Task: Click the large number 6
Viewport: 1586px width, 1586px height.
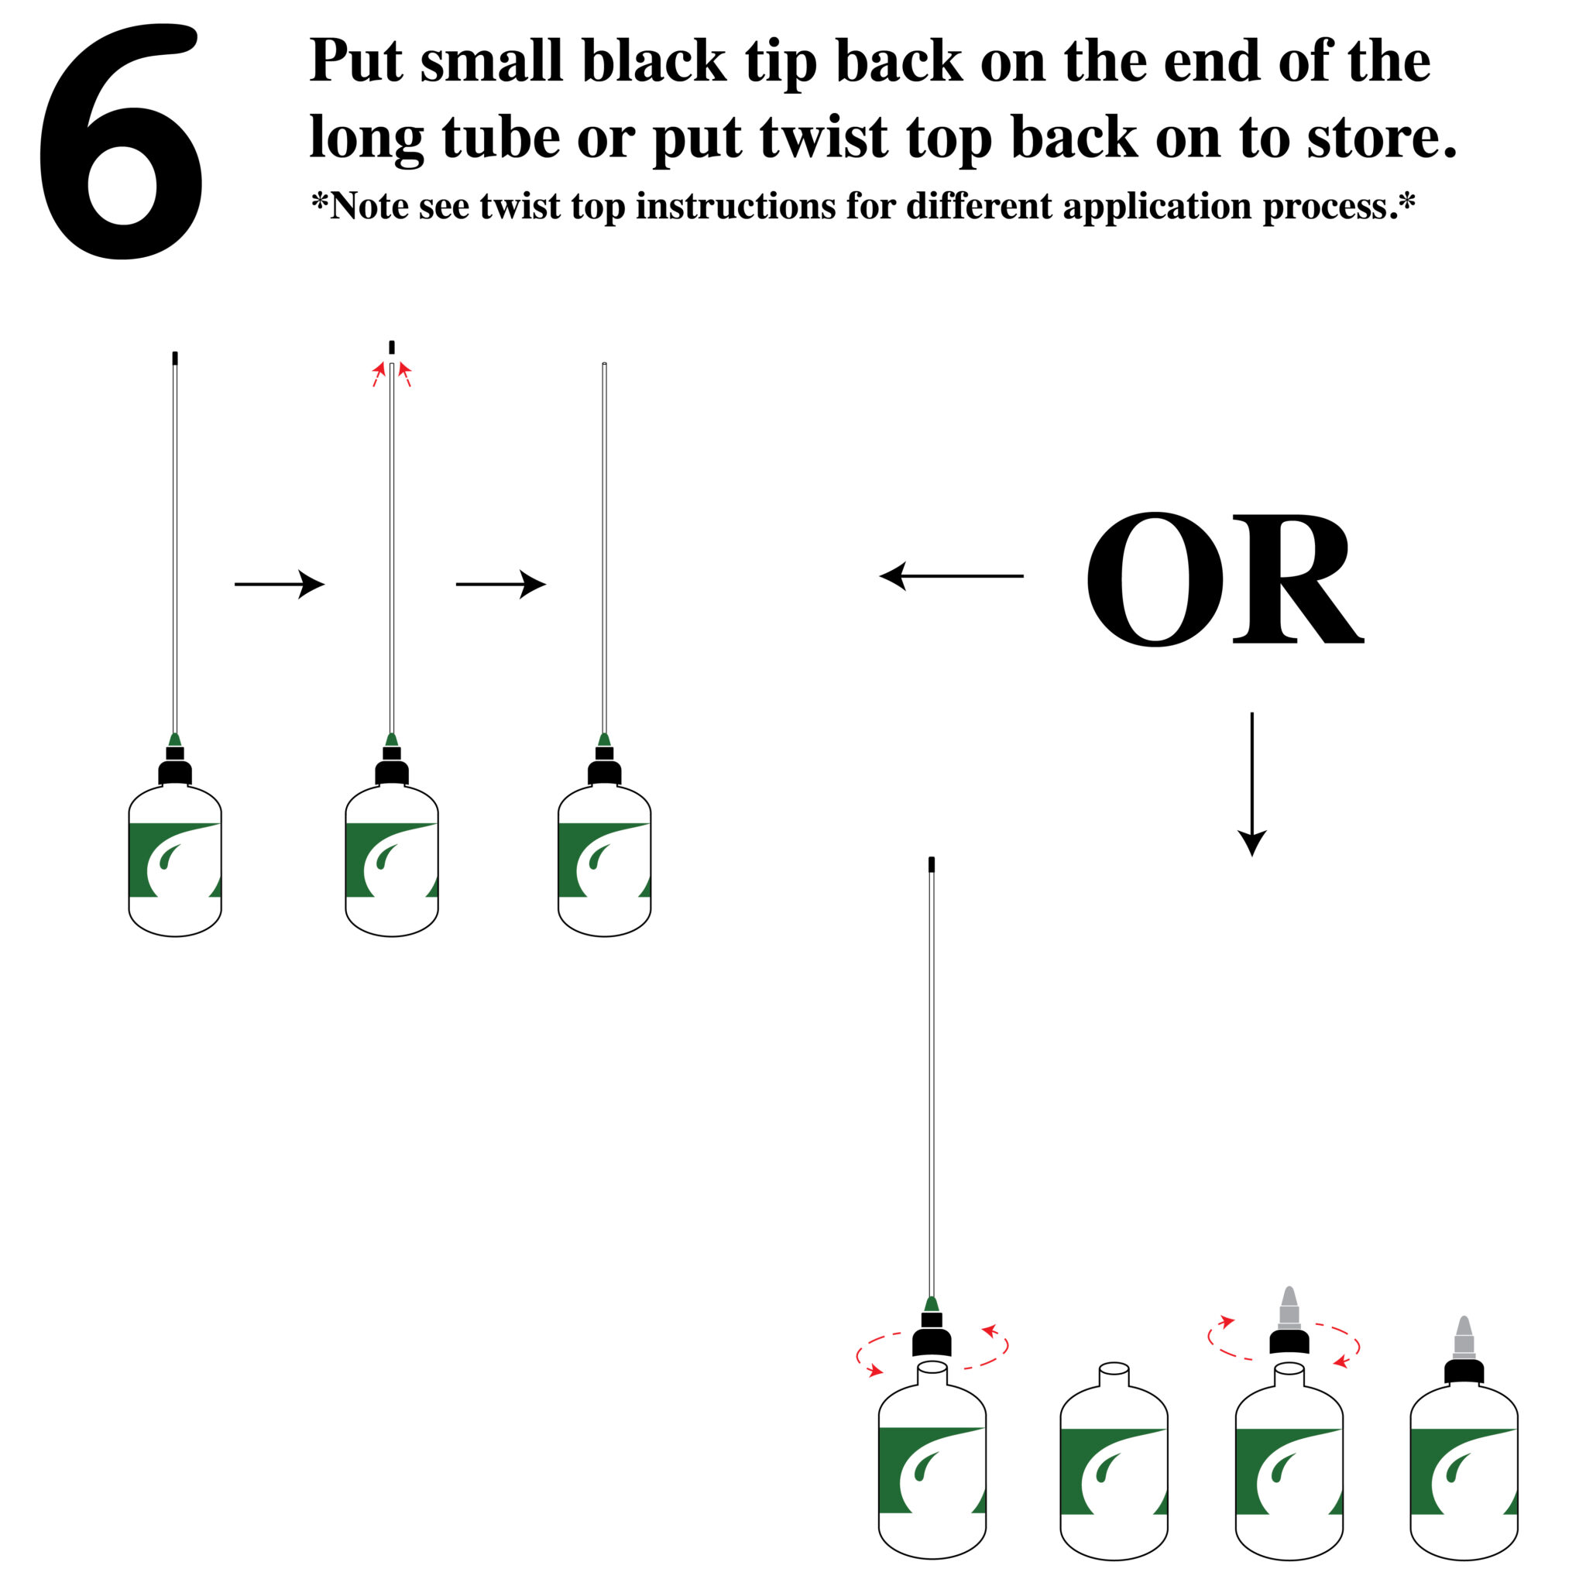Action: tap(122, 141)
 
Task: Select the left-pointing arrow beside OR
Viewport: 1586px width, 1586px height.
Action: tap(952, 576)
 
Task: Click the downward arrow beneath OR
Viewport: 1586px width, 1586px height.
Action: tap(1252, 784)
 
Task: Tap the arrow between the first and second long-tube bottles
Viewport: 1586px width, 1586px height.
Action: tap(280, 584)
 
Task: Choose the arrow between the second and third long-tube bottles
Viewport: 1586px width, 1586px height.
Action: tap(501, 584)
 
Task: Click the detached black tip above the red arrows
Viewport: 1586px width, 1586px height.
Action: tap(392, 347)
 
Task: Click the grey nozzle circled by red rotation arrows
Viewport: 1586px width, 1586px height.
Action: tap(1289, 1310)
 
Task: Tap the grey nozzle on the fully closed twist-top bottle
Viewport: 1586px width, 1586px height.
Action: tap(1464, 1338)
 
